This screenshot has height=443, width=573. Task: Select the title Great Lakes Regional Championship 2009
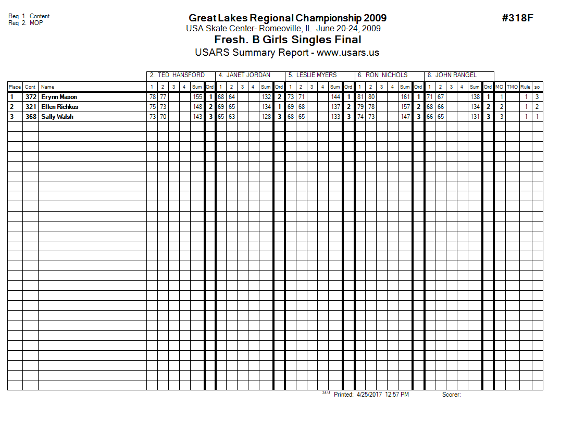288,18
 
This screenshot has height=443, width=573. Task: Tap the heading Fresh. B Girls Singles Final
288,40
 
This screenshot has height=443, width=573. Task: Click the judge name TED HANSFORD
181,75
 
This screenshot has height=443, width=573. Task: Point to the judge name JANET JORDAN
248,75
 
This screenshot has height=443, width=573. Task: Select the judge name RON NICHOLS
387,75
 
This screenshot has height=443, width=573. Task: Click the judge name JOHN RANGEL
456,75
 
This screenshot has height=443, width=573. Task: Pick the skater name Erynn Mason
59,97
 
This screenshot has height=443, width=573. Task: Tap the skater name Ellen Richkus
60,107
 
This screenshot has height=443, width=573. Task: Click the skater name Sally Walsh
57,117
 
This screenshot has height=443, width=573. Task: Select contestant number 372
31,97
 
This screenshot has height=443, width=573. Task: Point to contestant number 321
31,107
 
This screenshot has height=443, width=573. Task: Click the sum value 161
405,97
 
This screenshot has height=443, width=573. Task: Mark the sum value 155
197,97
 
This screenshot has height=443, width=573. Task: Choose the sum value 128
266,117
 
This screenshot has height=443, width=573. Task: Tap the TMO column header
513,87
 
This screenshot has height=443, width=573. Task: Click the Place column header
15,87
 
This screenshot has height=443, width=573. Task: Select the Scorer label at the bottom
452,395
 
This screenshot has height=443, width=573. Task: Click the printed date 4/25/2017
369,395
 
